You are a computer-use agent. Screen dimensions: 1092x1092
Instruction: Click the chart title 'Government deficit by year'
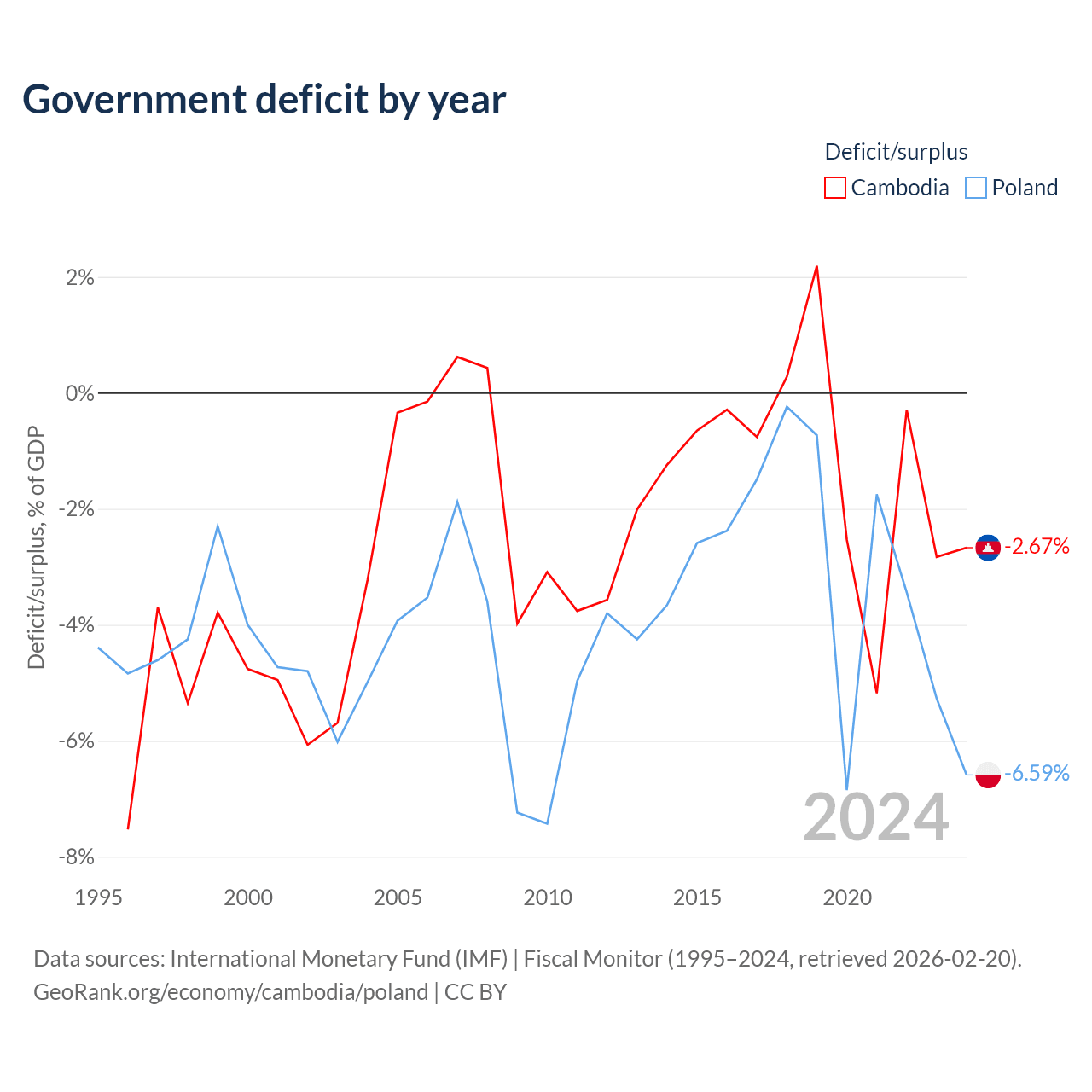264,100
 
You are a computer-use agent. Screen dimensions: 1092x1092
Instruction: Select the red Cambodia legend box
834,188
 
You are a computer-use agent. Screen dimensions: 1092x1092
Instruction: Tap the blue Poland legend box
975,188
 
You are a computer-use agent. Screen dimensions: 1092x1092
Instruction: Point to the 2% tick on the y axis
80,277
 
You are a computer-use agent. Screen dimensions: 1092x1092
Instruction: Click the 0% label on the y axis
80,393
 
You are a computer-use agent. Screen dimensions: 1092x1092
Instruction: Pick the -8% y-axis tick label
77,857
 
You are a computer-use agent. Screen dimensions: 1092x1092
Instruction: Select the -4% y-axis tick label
77,625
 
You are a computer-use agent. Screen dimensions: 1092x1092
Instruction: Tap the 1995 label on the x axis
99,897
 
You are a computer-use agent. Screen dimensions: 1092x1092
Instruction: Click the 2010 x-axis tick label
548,897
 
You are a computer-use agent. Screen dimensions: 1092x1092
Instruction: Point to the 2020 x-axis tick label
847,897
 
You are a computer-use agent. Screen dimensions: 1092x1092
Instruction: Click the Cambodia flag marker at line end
988,548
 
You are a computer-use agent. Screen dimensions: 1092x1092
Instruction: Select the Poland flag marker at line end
988,775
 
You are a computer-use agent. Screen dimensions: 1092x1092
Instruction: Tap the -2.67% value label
1037,546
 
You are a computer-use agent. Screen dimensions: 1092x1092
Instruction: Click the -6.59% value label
1037,773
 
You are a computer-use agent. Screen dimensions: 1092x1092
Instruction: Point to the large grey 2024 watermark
875,818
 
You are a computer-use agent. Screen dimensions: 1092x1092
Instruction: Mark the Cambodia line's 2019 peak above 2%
816,266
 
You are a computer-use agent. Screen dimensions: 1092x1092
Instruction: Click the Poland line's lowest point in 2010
547,823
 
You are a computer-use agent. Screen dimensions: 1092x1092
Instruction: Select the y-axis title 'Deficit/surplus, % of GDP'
36,548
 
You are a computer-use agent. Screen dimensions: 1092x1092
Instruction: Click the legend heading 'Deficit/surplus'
896,152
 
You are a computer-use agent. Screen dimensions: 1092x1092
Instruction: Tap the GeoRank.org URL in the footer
230,992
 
